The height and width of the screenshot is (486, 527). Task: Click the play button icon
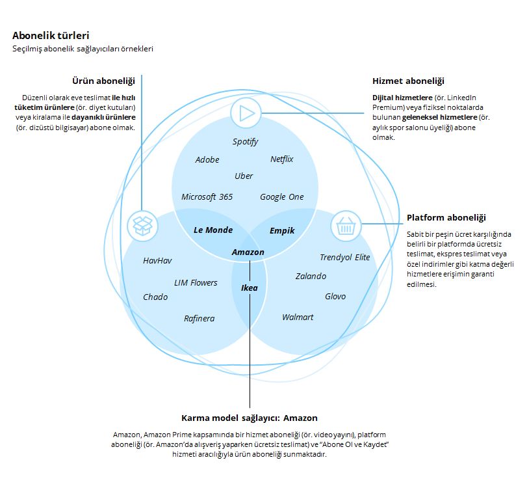pyautogui.click(x=246, y=114)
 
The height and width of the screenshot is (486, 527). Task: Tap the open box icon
pyautogui.click(x=142, y=226)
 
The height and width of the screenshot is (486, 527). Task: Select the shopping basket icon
pyautogui.click(x=346, y=226)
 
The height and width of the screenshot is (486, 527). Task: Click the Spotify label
pyautogui.click(x=245, y=142)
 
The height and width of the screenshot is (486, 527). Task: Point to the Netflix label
pyautogui.click(x=282, y=159)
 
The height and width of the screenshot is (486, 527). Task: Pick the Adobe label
pyautogui.click(x=207, y=160)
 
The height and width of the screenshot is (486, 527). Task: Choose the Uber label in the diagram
pyautogui.click(x=244, y=176)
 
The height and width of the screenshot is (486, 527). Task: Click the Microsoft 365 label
pyautogui.click(x=207, y=197)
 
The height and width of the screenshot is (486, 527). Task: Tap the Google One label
pyautogui.click(x=281, y=197)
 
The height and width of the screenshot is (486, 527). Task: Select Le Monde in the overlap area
pyautogui.click(x=213, y=230)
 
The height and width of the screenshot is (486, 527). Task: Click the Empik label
pyautogui.click(x=282, y=230)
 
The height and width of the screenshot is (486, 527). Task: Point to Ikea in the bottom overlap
pyautogui.click(x=250, y=287)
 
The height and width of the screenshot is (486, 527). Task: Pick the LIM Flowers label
pyautogui.click(x=196, y=283)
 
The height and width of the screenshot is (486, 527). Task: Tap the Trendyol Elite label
pyautogui.click(x=344, y=257)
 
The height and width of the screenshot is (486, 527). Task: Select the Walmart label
pyautogui.click(x=298, y=317)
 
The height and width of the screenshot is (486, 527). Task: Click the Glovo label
pyautogui.click(x=335, y=297)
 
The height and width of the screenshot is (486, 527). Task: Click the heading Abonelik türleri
pyautogui.click(x=51, y=35)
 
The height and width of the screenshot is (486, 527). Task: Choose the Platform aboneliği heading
pyautogui.click(x=446, y=218)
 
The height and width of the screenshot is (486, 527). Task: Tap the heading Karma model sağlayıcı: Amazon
pyautogui.click(x=250, y=418)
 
